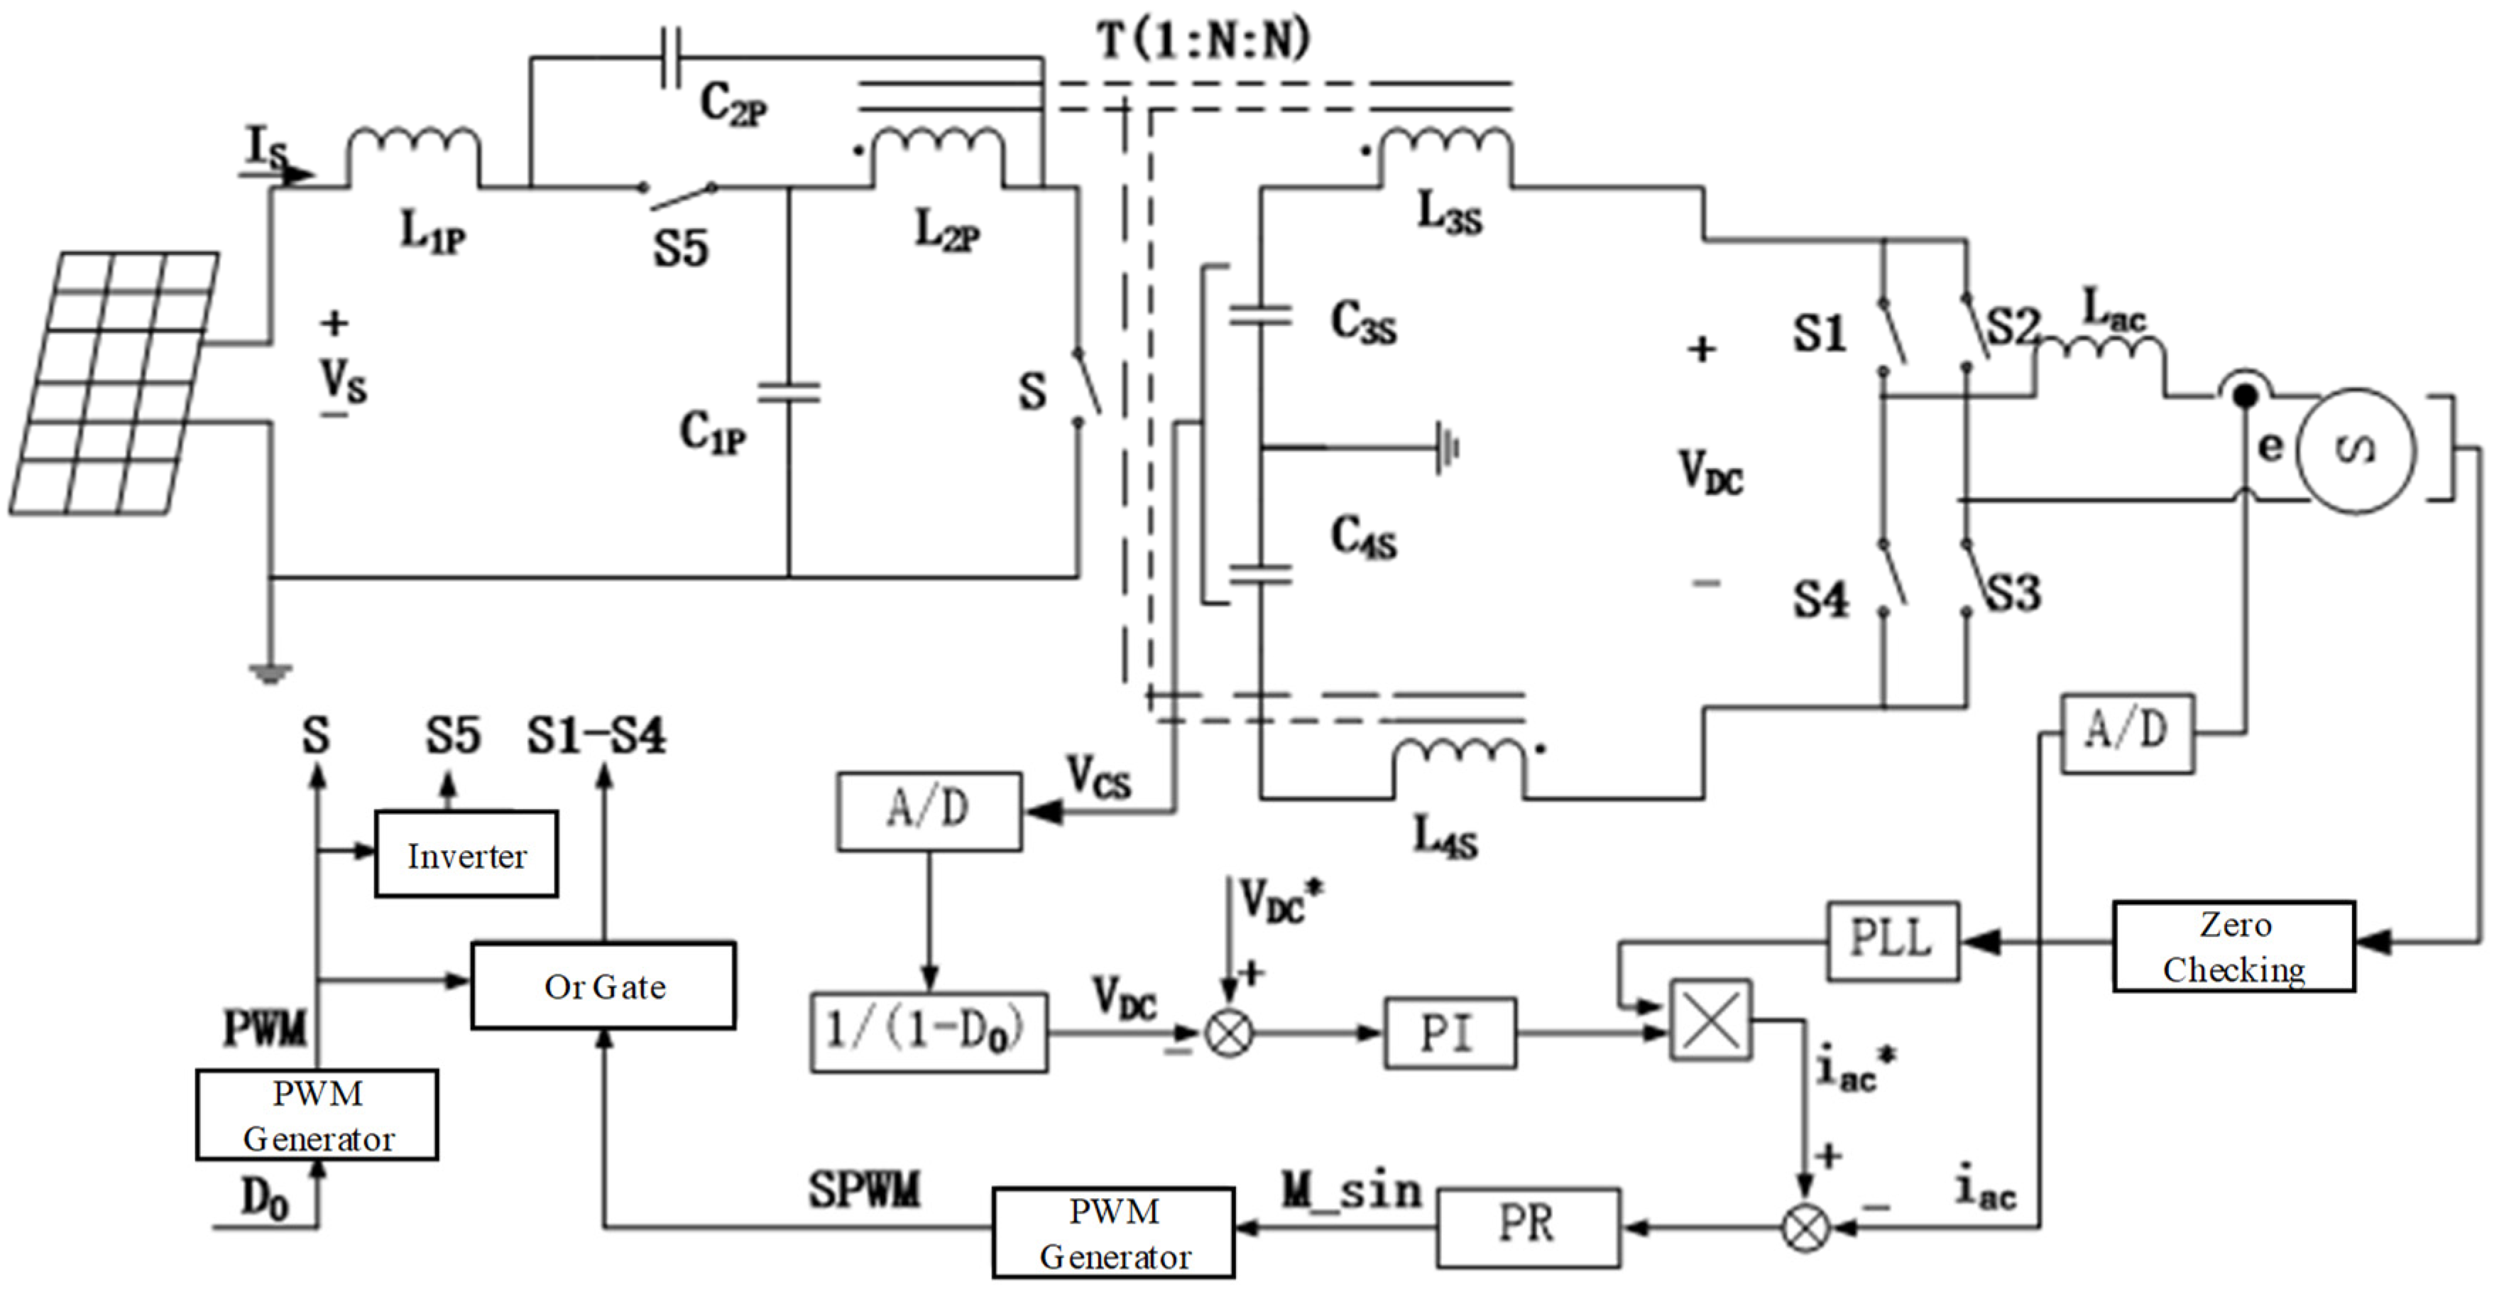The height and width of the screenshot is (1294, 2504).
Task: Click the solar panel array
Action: [114, 382]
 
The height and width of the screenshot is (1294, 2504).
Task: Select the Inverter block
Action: [466, 854]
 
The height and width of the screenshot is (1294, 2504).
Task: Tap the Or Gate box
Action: [603, 986]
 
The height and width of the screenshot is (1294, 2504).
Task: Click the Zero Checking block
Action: [2234, 947]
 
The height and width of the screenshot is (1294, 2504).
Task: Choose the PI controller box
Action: [1449, 1033]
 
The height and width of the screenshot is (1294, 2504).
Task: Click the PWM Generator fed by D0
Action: [317, 1115]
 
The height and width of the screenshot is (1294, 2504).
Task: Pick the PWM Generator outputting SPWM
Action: [1114, 1233]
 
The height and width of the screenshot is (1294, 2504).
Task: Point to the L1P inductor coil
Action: [413, 156]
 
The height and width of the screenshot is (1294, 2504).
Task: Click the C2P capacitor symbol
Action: [669, 58]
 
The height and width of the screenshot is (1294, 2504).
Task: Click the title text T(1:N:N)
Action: [1203, 40]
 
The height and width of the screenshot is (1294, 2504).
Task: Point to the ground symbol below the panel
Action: [270, 673]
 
